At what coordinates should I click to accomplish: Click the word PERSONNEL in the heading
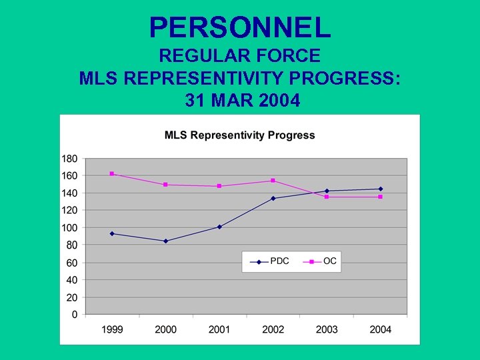pos(240,27)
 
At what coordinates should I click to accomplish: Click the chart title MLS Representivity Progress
pos(240,135)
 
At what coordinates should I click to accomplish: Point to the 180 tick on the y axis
pos(69,159)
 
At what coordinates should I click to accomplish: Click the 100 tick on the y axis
pos(69,228)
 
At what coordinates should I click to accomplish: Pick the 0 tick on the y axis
pos(75,314)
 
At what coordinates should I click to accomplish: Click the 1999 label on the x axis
pos(112,329)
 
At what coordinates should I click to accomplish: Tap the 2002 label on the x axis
pos(273,329)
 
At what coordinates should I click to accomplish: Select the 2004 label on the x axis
pos(380,329)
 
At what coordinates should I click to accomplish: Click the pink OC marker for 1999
pos(112,173)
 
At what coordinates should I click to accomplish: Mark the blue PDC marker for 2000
pos(165,241)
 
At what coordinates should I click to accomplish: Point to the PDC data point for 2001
pos(219,227)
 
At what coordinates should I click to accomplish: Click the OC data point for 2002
pos(273,181)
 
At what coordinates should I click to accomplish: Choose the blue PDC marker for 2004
pos(380,189)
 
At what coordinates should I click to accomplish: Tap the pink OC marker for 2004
pos(380,197)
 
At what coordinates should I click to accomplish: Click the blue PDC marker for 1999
pos(112,233)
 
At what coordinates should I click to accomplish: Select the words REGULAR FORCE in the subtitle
pos(240,56)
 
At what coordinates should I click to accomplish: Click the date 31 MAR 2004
pos(240,101)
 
